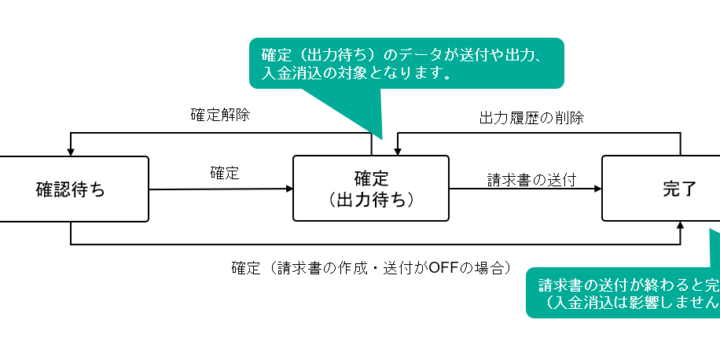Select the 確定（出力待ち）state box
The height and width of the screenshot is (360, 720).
pyautogui.click(x=371, y=189)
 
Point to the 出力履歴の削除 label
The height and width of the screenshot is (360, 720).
pyautogui.click(x=528, y=117)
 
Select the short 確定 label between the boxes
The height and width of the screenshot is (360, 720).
pyautogui.click(x=225, y=173)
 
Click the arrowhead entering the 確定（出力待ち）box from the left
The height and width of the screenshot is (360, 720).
pyautogui.click(x=287, y=188)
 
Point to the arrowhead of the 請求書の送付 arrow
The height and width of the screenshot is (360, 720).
pyautogui.click(x=596, y=188)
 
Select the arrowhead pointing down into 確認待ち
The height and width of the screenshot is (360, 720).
pyautogui.click(x=71, y=151)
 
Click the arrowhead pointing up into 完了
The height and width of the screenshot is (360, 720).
pyautogui.click(x=681, y=227)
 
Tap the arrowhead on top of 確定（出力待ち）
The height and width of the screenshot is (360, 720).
pyautogui.click(x=397, y=151)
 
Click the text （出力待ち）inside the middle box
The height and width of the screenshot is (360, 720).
pyautogui.click(x=371, y=200)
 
